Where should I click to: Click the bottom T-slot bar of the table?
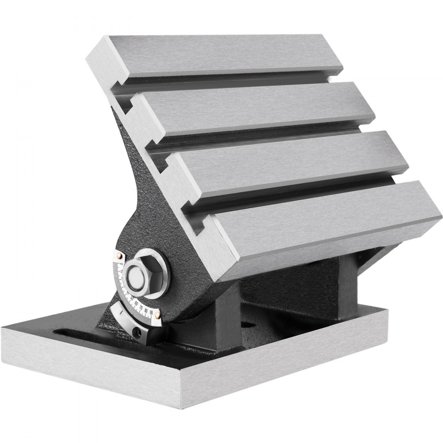(x=328, y=221)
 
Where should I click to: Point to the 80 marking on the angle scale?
(x=146, y=310)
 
